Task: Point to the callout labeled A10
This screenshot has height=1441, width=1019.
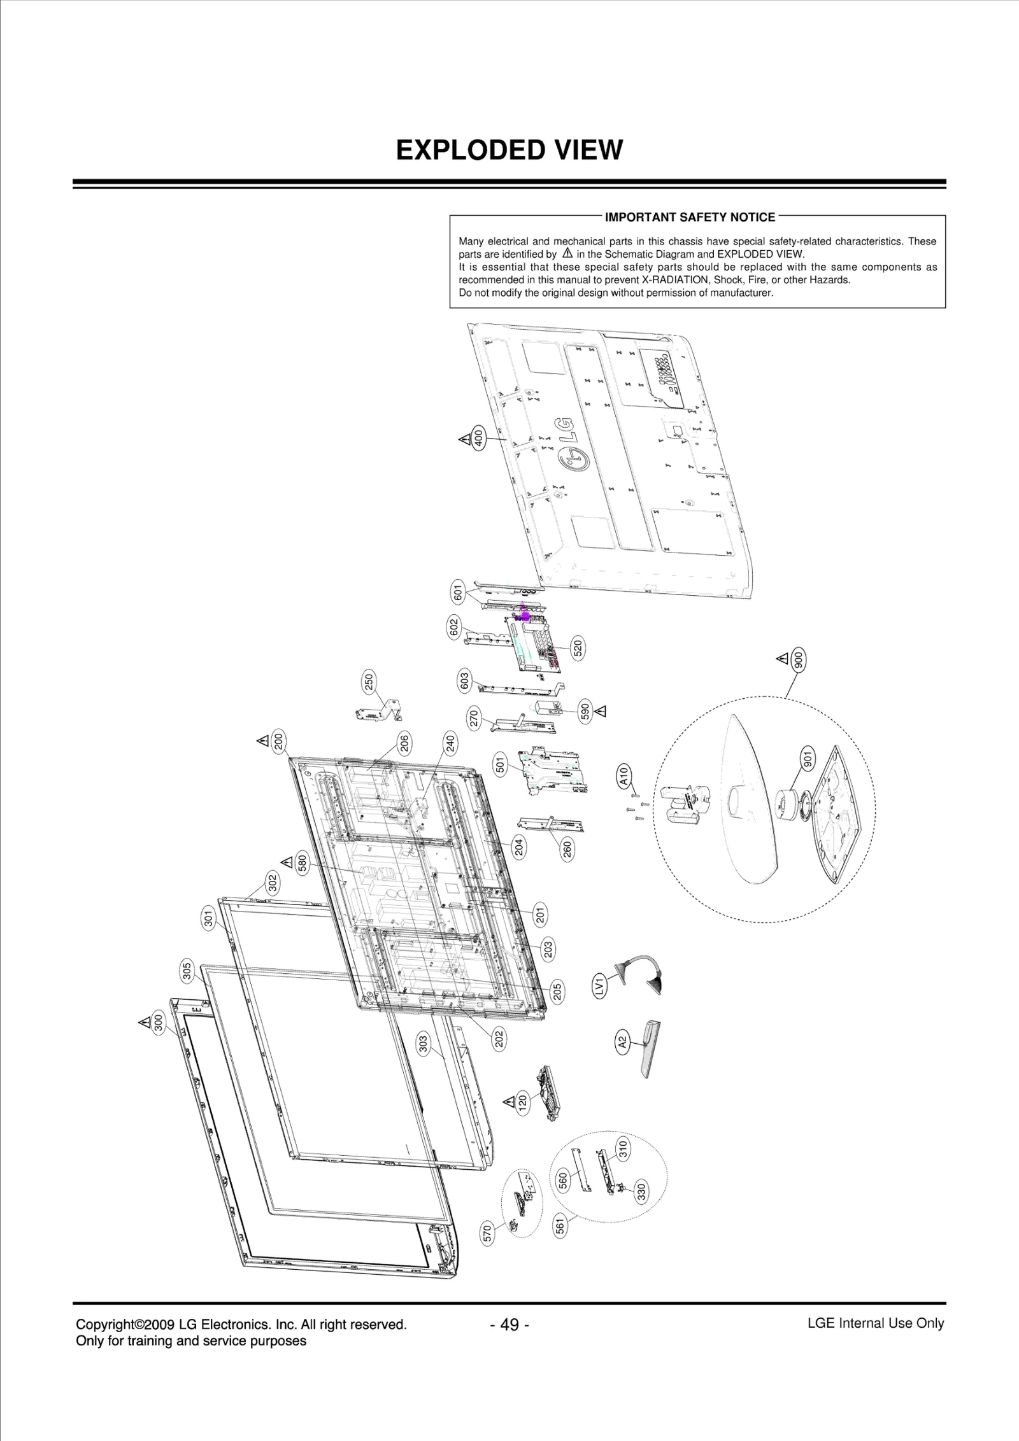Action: click(624, 775)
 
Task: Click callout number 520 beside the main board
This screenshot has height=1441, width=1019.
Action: click(577, 649)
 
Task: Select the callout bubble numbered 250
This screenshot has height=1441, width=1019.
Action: click(369, 681)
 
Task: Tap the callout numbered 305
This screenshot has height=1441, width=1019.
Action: click(187, 971)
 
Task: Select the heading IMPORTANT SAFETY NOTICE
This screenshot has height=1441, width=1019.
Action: click(690, 218)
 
